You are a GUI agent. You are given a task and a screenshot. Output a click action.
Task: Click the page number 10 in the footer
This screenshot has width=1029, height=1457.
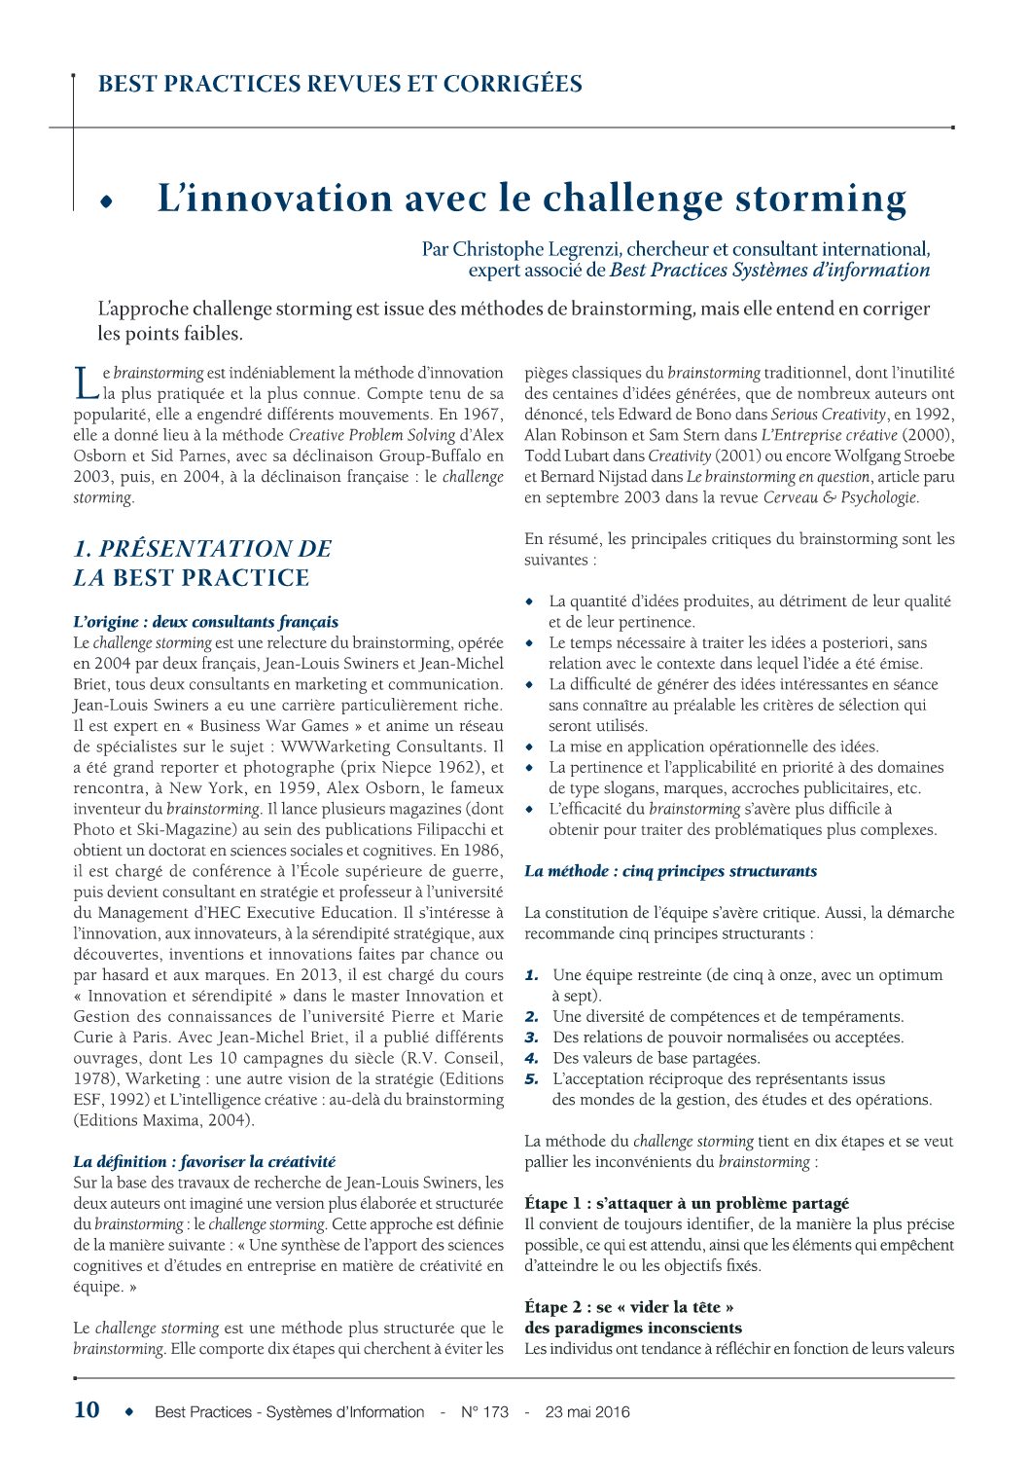pos(87,1409)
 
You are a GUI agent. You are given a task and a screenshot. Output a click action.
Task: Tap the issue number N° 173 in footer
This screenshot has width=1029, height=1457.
pos(484,1411)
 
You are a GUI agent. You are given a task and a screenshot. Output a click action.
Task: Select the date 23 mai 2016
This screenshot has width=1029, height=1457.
pos(587,1411)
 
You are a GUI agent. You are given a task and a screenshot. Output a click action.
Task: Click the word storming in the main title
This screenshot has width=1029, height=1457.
pos(821,199)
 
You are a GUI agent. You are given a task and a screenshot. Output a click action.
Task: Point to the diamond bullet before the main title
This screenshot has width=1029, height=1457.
pos(106,201)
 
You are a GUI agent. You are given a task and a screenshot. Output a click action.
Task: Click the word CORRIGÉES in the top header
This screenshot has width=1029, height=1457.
pos(513,84)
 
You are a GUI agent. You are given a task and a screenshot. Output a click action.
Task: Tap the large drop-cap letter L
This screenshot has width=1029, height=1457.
pos(87,382)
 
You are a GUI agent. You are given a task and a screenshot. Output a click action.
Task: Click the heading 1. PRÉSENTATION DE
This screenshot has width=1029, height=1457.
pos(202,549)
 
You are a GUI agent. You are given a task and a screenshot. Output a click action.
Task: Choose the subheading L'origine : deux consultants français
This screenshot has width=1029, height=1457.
pos(206,622)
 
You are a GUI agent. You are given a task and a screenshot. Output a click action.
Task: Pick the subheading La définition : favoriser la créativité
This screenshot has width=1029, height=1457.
pos(204,1161)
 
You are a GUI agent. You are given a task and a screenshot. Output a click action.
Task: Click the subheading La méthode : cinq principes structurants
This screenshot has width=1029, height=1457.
pos(670,871)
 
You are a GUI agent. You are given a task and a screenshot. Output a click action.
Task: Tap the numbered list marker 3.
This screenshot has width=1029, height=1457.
pos(532,1038)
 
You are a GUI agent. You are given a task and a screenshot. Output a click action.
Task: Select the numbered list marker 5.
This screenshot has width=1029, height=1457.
pos(532,1078)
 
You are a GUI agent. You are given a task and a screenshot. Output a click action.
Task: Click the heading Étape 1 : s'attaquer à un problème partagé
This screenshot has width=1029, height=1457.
pos(687,1203)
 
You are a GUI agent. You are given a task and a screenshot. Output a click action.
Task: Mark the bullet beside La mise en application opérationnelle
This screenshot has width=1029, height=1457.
pos(530,747)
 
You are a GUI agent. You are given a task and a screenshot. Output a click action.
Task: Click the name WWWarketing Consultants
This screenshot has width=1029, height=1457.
pos(384,747)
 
